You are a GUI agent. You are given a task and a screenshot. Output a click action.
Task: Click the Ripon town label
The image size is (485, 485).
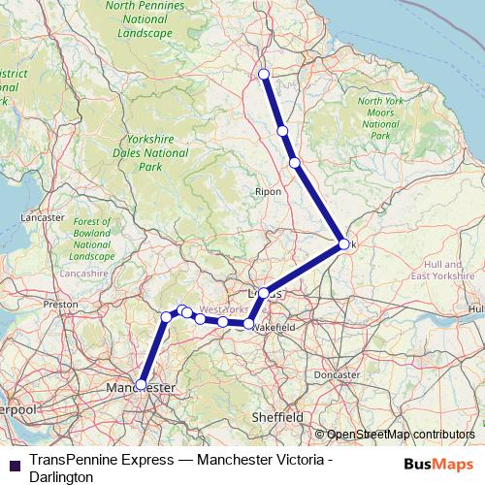[x=268, y=191]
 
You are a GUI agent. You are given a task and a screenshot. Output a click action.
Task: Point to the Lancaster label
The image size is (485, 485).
[x=41, y=218]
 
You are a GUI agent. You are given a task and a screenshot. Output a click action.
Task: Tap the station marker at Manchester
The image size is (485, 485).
[x=141, y=384]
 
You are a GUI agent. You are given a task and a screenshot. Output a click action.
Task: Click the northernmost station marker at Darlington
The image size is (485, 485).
[x=264, y=75]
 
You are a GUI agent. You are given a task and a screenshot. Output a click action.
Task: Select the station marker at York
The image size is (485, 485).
[x=343, y=244]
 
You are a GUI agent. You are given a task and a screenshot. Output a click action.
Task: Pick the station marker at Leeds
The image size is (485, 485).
[x=263, y=292]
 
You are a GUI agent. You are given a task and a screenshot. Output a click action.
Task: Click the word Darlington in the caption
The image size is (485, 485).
[x=62, y=476]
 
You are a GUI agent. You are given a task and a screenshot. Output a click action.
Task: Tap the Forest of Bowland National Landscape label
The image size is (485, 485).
[x=93, y=239]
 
